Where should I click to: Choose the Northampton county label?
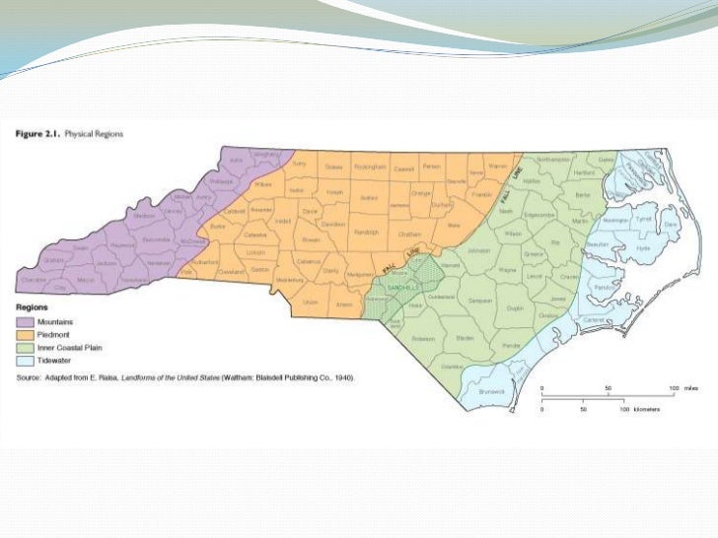click(555, 159)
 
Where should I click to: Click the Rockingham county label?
click(367, 166)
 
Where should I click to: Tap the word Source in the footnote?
click(30, 377)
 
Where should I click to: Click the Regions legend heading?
click(32, 308)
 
